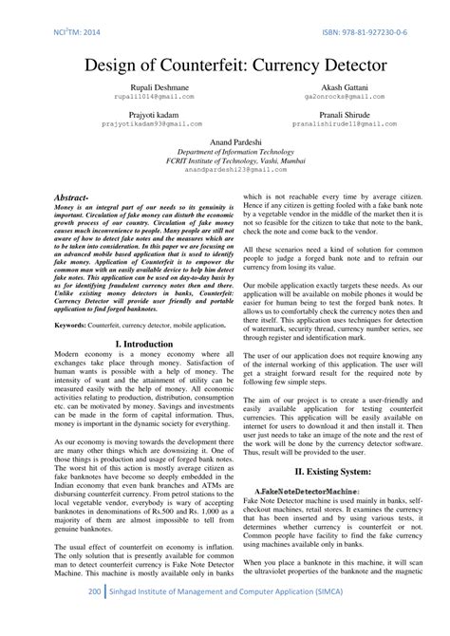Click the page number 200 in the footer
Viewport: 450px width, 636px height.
93,617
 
